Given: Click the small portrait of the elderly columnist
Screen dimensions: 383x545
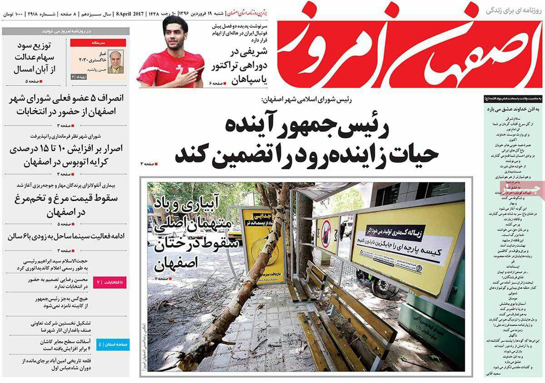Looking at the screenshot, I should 116,62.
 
